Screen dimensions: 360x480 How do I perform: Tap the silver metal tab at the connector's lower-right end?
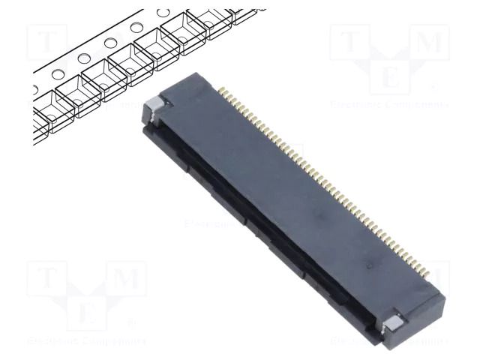[395, 324]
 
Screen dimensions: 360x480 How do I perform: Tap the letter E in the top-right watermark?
[390, 77]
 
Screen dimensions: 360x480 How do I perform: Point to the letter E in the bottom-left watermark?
[87, 312]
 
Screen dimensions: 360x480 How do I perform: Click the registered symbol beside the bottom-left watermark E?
[132, 323]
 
